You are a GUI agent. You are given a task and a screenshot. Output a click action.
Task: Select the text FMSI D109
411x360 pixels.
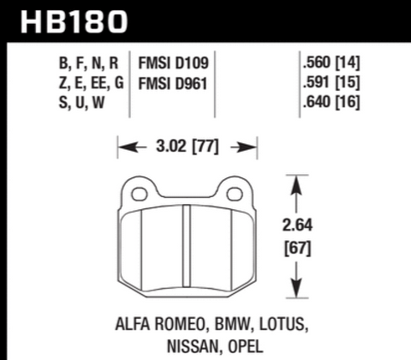coord(176,63)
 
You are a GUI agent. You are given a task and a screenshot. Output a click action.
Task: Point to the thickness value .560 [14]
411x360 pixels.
coord(330,63)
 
